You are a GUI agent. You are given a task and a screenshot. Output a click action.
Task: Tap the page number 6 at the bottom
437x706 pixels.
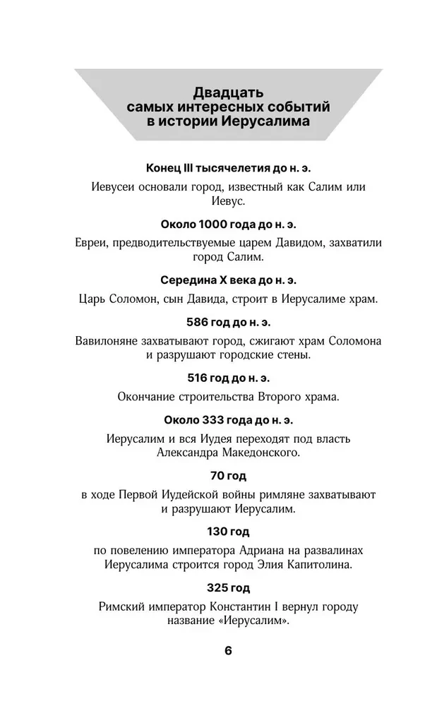coord(228,650)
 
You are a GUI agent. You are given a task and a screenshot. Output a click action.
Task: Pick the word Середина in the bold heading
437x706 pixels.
coord(189,280)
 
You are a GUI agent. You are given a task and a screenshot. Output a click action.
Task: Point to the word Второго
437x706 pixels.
coord(265,396)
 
